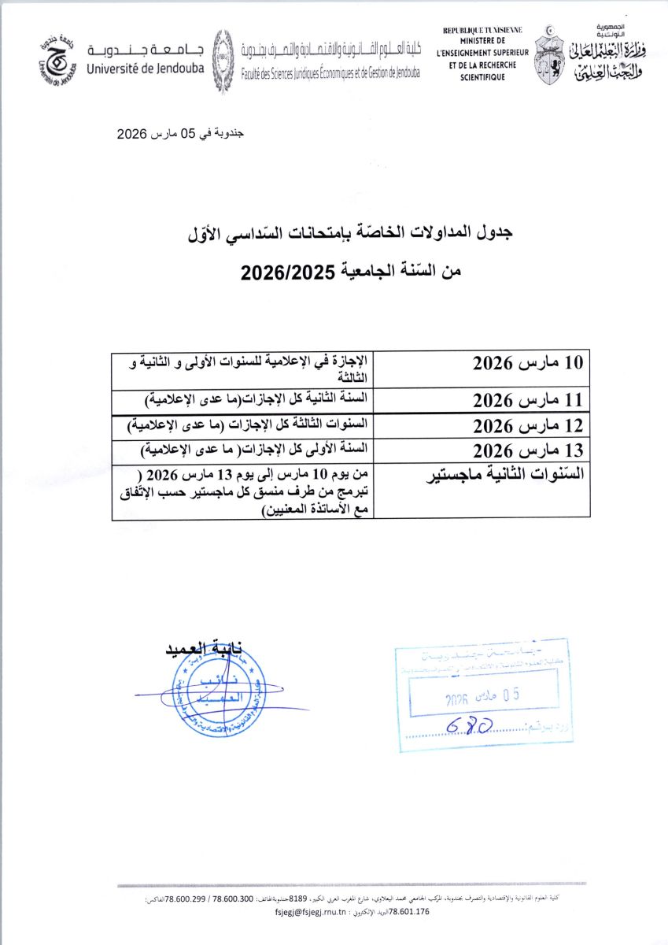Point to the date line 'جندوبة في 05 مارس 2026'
[181, 134]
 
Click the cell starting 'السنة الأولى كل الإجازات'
[253, 450]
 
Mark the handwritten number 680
[470, 725]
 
